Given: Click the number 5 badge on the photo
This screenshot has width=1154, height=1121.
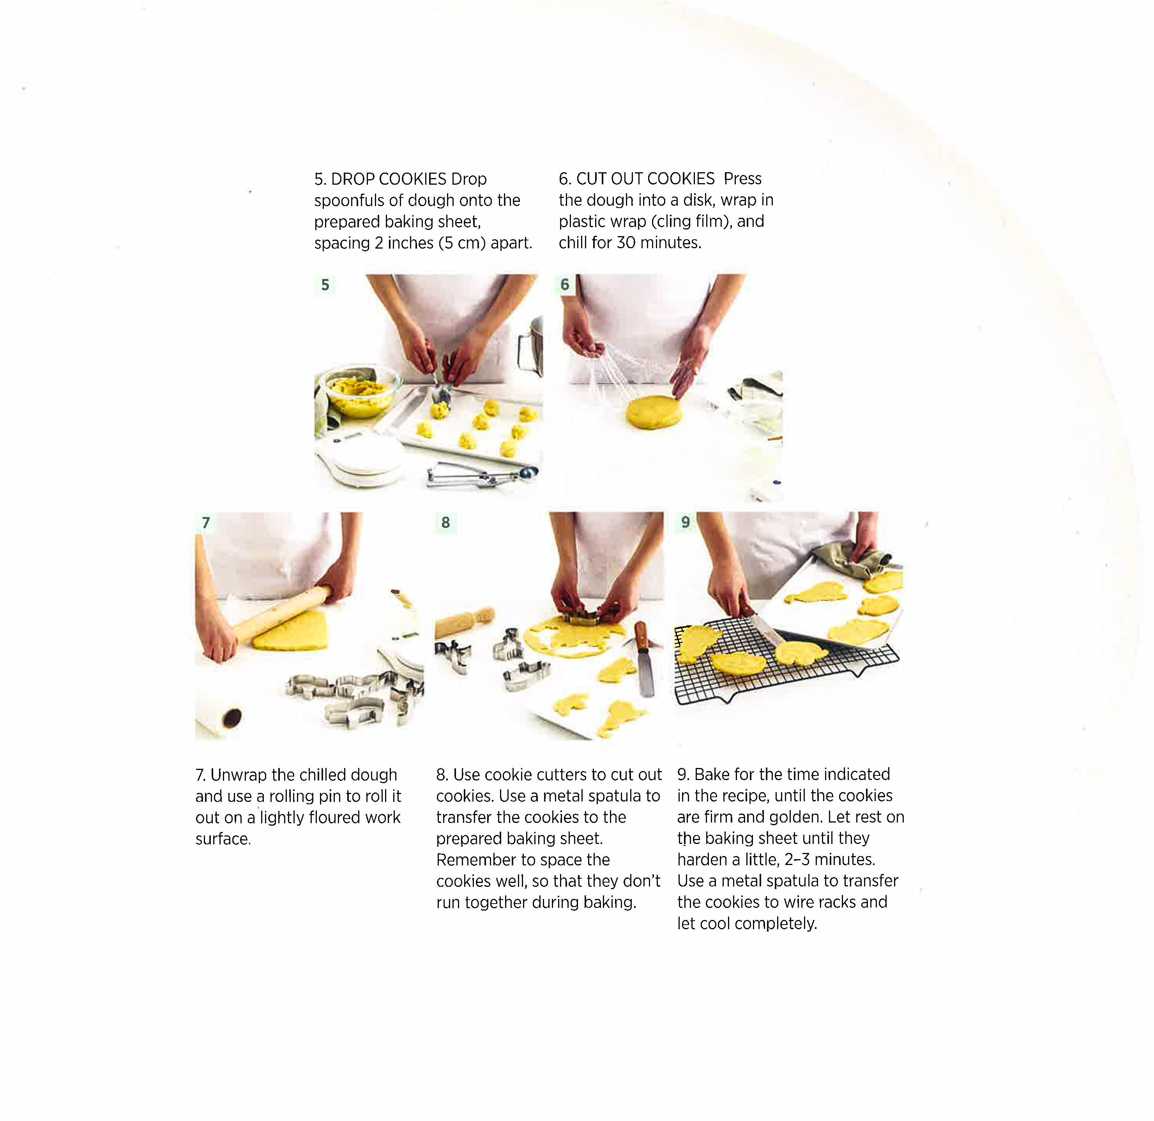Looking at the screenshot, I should (x=325, y=285).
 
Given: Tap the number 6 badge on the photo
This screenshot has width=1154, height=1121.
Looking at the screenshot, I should (x=565, y=284).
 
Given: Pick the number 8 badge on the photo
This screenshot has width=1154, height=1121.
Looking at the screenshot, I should (x=445, y=522).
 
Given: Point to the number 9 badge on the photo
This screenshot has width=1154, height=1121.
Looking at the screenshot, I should (x=685, y=522).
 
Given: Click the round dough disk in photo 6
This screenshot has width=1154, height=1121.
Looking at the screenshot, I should (x=654, y=412).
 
